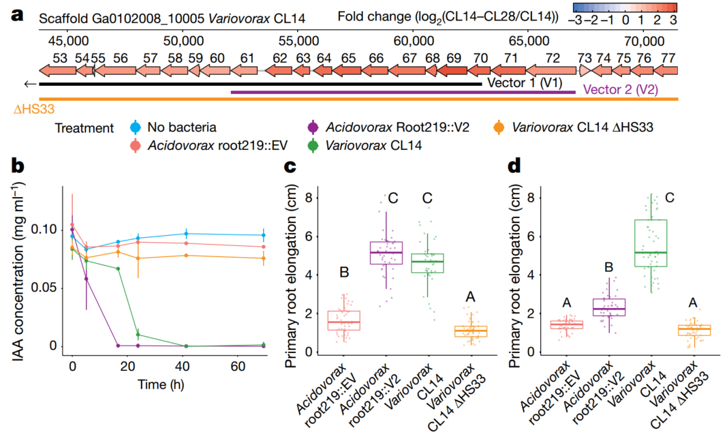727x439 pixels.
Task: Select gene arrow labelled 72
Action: click(x=552, y=70)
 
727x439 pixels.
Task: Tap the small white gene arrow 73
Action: click(x=583, y=70)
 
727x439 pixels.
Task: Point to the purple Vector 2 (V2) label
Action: click(x=621, y=89)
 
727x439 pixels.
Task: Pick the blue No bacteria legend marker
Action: click(x=136, y=127)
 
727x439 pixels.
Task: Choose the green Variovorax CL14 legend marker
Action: click(x=313, y=145)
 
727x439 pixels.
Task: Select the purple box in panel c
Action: click(x=386, y=253)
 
